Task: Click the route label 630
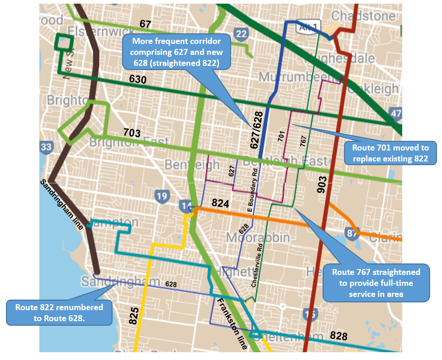click(137, 80)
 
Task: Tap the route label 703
click(132, 133)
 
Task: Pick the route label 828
click(339, 336)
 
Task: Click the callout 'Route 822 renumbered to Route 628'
click(59, 312)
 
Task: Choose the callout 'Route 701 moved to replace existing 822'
click(390, 153)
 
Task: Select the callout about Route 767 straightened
click(376, 282)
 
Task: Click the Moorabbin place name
click(258, 238)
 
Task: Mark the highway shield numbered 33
click(46, 147)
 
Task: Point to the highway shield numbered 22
click(241, 33)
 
